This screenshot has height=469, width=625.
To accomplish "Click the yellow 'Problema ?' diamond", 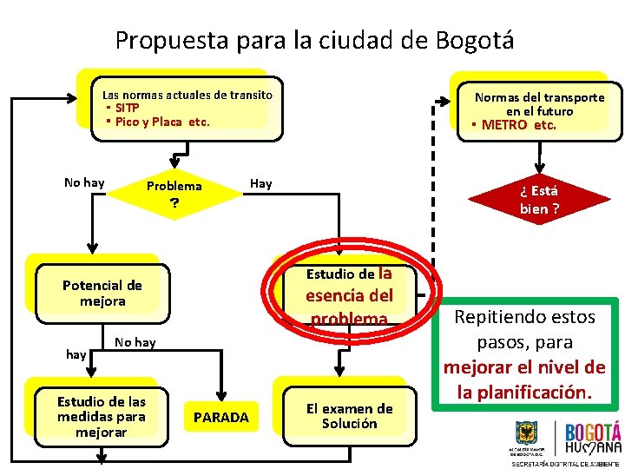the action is (174, 193).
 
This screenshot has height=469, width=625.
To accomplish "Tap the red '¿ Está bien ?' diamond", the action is (539, 199).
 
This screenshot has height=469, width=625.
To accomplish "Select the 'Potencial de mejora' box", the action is (102, 293).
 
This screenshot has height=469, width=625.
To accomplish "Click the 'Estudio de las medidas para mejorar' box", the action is (102, 416).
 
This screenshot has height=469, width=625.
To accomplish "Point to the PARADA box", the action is (220, 418).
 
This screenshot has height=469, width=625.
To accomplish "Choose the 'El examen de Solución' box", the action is (349, 416).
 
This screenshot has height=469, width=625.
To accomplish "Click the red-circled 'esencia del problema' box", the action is (349, 296).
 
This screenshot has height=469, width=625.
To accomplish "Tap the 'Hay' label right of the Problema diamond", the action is (260, 183).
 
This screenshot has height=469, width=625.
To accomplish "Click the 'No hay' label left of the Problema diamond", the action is (84, 182).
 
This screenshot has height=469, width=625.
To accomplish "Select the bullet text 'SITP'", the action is (127, 108).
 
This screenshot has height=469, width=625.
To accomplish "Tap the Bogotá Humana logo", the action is (593, 439).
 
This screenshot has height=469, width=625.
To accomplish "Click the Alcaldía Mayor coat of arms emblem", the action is (526, 433).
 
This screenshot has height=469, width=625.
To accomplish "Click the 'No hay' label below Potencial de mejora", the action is (135, 342).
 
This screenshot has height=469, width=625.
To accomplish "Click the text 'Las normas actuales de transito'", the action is (187, 95).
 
